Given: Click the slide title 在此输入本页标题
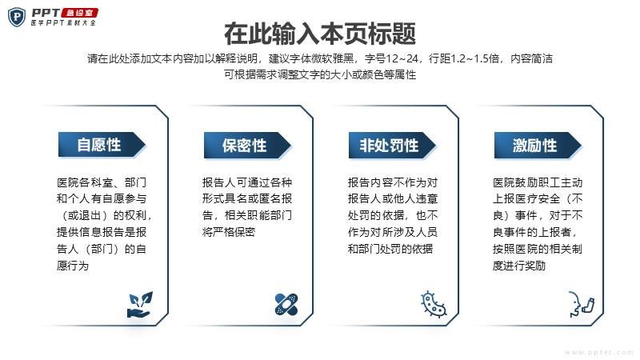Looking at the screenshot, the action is [320, 34].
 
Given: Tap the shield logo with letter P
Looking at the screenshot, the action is [17, 17].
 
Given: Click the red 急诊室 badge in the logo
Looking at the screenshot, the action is [79, 13].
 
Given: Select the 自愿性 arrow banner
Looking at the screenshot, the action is [102, 145].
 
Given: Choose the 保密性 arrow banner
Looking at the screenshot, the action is [247, 146].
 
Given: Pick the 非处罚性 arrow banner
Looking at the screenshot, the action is [392, 146].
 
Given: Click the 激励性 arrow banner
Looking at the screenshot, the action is [538, 146].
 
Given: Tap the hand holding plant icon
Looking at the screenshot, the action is [140, 305].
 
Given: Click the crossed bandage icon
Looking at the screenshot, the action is [286, 304].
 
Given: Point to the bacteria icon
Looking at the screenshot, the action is [433, 305].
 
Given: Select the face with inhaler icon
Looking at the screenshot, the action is [582, 304].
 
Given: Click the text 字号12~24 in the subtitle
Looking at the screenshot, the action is [391, 58].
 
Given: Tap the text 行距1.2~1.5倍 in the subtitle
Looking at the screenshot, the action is [464, 58].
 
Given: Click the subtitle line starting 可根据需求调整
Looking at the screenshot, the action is [320, 74].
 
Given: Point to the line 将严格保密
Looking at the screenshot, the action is [229, 232].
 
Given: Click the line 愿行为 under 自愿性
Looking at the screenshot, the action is [73, 266].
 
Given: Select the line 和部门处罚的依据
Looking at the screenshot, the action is [390, 249].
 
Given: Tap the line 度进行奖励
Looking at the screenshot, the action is [519, 266].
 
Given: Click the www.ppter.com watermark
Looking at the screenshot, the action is [598, 352].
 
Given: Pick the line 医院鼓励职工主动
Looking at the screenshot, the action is [538, 182].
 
